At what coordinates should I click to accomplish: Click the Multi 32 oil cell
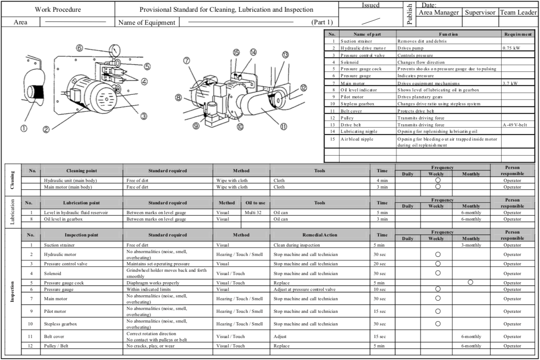point(255,213)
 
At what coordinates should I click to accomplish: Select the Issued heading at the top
point(371,5)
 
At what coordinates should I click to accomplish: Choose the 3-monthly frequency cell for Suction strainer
point(471,245)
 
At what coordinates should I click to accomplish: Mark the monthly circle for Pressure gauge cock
point(470,282)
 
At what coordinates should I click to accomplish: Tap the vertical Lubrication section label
point(12,212)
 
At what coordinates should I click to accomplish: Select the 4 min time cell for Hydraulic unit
point(382,180)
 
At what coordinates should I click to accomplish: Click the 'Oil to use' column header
point(256,203)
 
